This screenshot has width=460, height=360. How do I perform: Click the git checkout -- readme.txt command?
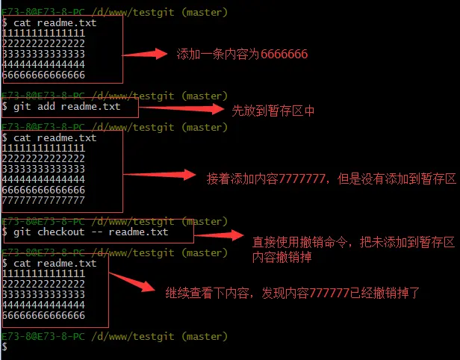[x=91, y=232]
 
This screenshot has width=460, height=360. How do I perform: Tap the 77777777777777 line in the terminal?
[x=43, y=200]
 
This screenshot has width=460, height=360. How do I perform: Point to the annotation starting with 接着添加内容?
[x=331, y=179]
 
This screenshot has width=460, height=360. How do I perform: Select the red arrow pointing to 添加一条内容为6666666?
[x=145, y=54]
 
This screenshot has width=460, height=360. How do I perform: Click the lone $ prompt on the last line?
[x=4, y=347]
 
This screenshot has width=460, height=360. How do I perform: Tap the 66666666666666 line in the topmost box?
[x=43, y=75]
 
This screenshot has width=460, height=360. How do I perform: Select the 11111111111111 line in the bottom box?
[x=43, y=273]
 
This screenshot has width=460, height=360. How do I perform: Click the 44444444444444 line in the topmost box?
[x=43, y=64]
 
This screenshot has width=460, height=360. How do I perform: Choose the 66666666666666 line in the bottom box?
[x=43, y=315]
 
